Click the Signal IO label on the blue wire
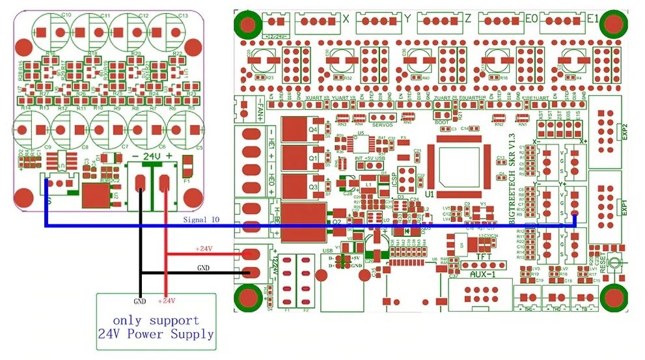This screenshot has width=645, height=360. tap(201, 220)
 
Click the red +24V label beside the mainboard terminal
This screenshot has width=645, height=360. tap(204, 249)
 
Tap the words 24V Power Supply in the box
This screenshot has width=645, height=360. tap(156, 335)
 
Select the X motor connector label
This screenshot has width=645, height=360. tap(345, 19)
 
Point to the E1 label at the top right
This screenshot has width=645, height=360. tap(592, 19)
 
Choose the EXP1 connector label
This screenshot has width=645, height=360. tap(625, 208)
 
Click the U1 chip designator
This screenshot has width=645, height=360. tap(430, 194)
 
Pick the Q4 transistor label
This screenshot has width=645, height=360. tap(313, 129)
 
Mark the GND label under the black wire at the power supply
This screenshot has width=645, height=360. tap(140, 301)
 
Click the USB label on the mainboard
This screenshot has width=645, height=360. tap(327, 249)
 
